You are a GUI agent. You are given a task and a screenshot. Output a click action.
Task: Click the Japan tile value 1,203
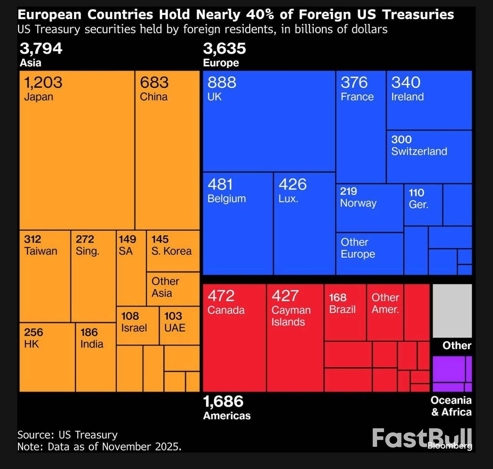click(x=43, y=82)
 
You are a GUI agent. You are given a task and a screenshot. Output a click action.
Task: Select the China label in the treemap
click(x=154, y=97)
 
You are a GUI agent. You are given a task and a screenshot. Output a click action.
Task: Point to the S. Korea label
click(x=171, y=251)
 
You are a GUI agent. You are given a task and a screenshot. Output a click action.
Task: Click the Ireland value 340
click(x=406, y=82)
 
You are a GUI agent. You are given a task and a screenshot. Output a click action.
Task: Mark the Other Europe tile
click(x=369, y=253)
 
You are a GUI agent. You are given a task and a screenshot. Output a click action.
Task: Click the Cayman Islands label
click(x=291, y=316)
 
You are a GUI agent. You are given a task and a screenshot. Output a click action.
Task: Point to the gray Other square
click(x=452, y=311)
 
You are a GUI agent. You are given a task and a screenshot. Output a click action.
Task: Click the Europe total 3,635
click(x=225, y=49)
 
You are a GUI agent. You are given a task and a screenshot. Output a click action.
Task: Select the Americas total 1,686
click(x=223, y=402)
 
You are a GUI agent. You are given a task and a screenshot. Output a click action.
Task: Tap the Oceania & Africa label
click(x=451, y=406)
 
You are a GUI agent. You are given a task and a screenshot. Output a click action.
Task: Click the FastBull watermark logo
click(x=422, y=438)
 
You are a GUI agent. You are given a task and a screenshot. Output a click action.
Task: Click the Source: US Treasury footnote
click(x=68, y=435)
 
